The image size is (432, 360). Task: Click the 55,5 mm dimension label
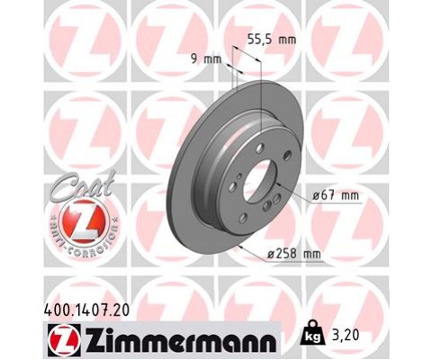[x=270, y=40]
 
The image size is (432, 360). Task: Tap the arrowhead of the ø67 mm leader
[x=276, y=184]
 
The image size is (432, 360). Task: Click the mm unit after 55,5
[x=285, y=40]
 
